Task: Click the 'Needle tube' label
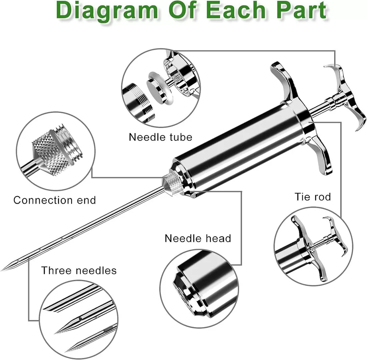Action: pos(160,137)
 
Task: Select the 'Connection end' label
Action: pos(55,200)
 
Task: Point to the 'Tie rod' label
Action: pos(313,196)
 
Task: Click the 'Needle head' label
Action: pos(198,238)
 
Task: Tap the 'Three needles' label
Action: pos(79,270)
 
